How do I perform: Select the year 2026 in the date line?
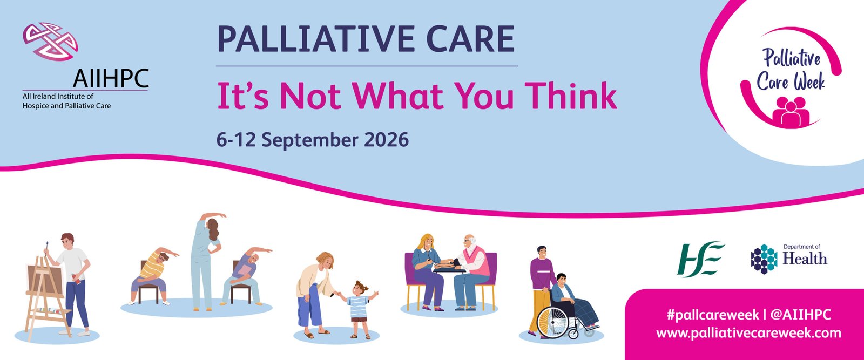click(x=386, y=139)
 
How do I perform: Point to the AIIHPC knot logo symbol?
click(x=50, y=41)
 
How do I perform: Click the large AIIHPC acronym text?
click(x=111, y=78)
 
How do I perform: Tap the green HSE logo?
click(x=701, y=259)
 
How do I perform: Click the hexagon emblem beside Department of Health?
click(x=764, y=259)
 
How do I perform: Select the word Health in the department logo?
click(x=805, y=259)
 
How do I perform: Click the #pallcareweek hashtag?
click(x=713, y=315)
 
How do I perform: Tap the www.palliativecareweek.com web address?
click(x=748, y=333)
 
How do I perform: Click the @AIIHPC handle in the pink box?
click(x=800, y=315)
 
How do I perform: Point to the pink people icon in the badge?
click(x=791, y=111)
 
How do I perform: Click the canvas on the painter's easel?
click(x=45, y=279)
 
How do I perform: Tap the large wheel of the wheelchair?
click(x=552, y=323)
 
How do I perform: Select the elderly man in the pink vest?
click(x=472, y=271)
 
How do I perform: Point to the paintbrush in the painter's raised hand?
click(x=46, y=247)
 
